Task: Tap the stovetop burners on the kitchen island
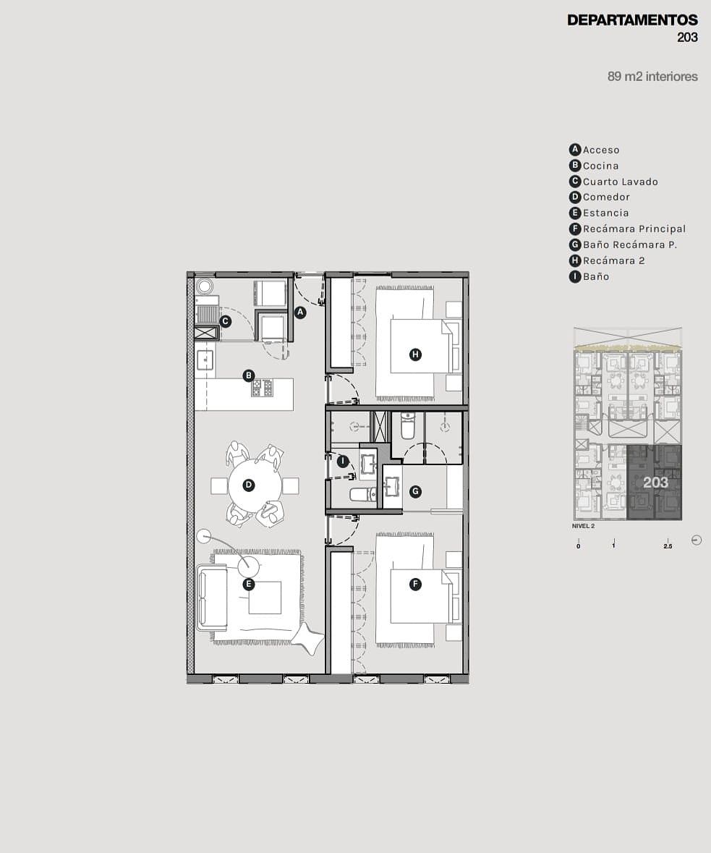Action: [263, 388]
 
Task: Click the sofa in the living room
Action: [213, 598]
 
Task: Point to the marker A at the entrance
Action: [299, 313]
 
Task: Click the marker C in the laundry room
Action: [225, 321]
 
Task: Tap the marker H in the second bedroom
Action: [415, 355]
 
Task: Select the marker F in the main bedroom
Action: [415, 585]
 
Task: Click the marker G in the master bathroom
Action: [415, 491]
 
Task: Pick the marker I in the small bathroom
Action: [342, 462]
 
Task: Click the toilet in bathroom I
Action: [362, 494]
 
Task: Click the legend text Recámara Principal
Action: [634, 229]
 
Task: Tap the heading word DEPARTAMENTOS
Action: [632, 20]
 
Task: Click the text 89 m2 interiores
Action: [652, 76]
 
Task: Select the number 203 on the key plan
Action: [655, 483]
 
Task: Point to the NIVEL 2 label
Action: [583, 526]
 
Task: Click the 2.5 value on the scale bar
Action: [668, 546]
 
